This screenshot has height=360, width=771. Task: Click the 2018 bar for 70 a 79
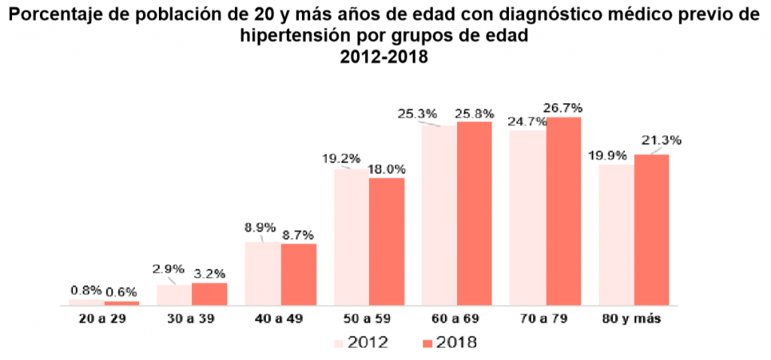pos(564,212)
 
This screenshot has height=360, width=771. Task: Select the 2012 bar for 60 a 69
pos(439,215)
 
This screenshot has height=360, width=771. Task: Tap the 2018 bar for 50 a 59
pos(386,242)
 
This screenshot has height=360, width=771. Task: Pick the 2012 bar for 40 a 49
pos(263,273)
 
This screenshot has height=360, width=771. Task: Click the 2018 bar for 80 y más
pos(651,230)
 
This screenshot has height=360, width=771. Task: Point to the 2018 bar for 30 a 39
pos(209,294)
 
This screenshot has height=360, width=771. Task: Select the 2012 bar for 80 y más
pos(616,234)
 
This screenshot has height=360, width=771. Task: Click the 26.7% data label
pos(565,108)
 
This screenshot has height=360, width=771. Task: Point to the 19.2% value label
pos(341,159)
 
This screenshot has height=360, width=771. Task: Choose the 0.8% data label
pos(86,290)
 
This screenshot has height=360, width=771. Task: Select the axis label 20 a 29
pos(104,319)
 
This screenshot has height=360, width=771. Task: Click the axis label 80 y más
pos(634,319)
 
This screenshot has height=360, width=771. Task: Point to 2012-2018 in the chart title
pos(385,56)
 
